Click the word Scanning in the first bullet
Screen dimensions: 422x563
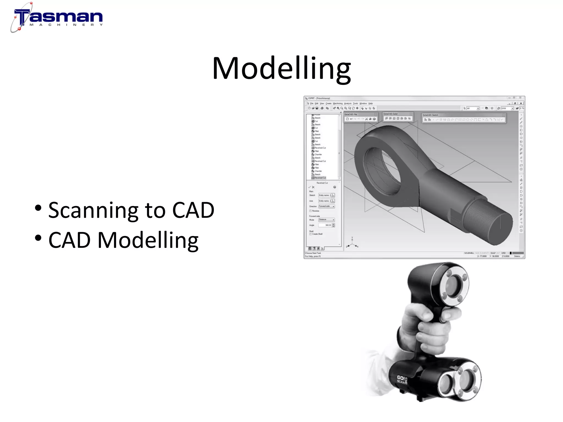(x=93, y=210)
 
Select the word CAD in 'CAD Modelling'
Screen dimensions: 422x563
(x=69, y=240)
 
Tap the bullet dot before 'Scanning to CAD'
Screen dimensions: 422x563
(x=38, y=208)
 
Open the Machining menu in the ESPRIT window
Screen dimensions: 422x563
(x=338, y=104)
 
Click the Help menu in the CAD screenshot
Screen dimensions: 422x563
(x=371, y=104)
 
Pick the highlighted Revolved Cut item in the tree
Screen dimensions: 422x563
(x=320, y=178)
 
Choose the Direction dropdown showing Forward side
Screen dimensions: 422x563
(x=327, y=206)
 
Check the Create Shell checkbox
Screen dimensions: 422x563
(x=311, y=234)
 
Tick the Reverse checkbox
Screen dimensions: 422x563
(x=311, y=211)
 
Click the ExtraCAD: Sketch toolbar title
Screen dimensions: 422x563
(x=430, y=115)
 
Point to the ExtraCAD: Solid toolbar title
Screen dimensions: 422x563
(x=391, y=114)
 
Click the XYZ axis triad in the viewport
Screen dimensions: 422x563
(x=352, y=243)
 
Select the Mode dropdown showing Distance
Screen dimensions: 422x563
(x=327, y=220)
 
